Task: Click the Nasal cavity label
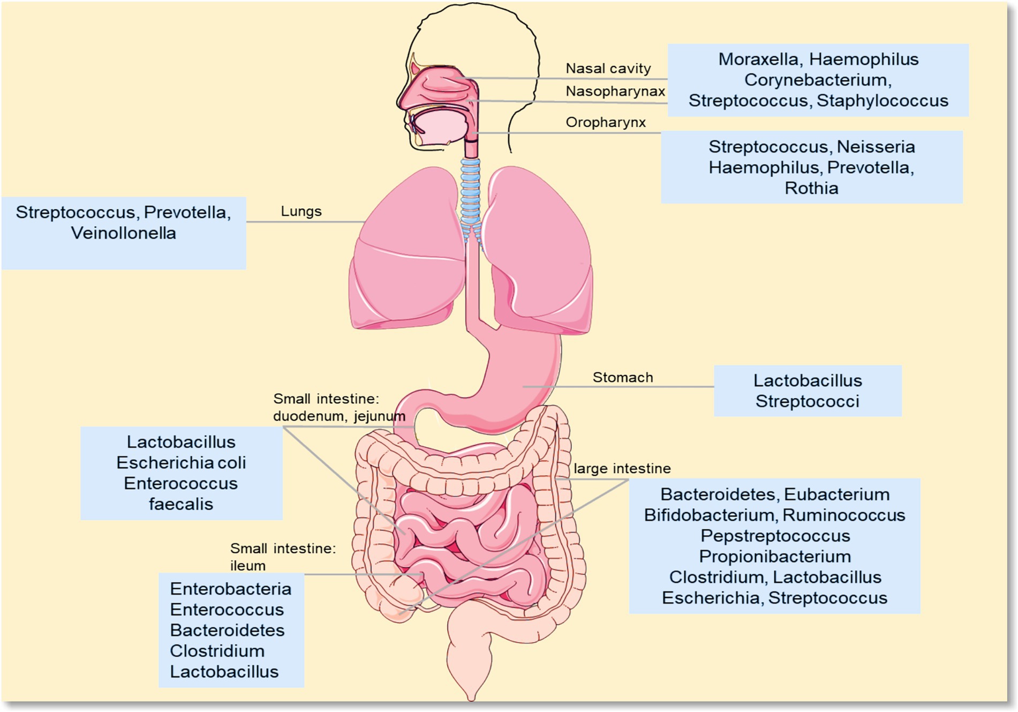(x=608, y=69)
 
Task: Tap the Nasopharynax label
(x=615, y=92)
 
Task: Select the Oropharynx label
(x=605, y=123)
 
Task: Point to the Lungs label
(x=301, y=212)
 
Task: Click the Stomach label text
(x=622, y=378)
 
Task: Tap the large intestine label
(x=622, y=469)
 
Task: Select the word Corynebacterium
(x=817, y=80)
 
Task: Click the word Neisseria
(x=876, y=147)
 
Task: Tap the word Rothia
(x=811, y=189)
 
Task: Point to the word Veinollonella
(x=123, y=234)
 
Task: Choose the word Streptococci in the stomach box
(x=807, y=401)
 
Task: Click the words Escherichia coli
(x=181, y=463)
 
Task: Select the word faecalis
(x=181, y=504)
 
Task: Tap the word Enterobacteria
(x=230, y=589)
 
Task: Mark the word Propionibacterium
(x=774, y=557)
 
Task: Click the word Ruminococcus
(x=843, y=515)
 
